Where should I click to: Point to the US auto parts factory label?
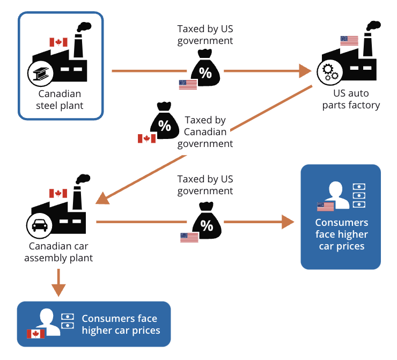click(x=351, y=100)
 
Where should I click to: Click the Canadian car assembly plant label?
click(x=61, y=252)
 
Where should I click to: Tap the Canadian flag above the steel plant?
click(x=58, y=42)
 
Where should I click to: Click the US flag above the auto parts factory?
click(x=349, y=41)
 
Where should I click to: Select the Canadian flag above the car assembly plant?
click(x=58, y=194)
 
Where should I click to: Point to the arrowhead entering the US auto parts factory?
click(x=306, y=71)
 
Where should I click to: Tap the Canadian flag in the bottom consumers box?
click(x=36, y=334)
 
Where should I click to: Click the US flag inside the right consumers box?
click(x=325, y=207)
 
